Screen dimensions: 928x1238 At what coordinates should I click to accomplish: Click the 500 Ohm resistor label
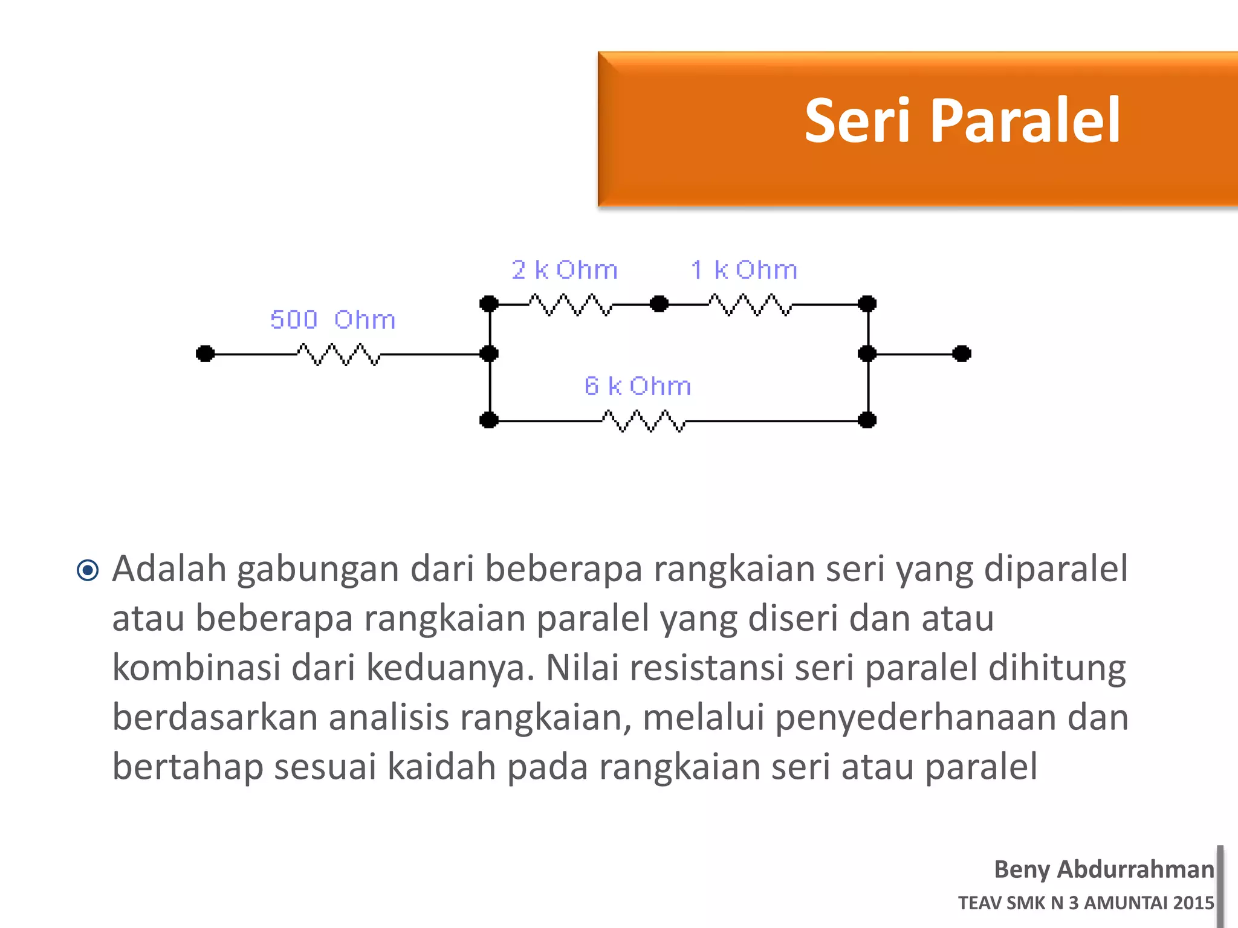(x=332, y=320)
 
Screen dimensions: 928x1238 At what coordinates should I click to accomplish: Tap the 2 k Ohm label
(x=565, y=270)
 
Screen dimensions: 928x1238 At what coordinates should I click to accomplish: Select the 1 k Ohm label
(x=744, y=270)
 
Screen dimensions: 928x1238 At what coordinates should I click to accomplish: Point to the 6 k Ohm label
(x=638, y=386)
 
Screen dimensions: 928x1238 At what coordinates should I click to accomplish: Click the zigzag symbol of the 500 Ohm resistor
(x=339, y=355)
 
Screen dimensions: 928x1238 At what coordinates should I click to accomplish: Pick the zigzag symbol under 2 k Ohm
(x=571, y=304)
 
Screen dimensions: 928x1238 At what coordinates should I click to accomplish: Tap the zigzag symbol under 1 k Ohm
(x=750, y=304)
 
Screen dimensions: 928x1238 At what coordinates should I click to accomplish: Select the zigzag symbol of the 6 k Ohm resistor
(x=644, y=421)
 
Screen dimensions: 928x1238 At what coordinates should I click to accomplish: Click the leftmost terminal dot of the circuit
(x=206, y=353)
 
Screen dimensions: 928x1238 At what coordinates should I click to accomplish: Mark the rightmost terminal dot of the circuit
(x=961, y=353)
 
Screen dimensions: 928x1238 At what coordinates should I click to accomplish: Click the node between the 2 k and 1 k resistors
(x=659, y=303)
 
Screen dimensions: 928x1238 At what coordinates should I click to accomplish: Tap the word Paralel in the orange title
(x=1025, y=121)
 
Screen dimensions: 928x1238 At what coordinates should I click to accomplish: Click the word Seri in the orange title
(x=857, y=121)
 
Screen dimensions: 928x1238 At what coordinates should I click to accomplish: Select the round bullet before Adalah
(x=88, y=570)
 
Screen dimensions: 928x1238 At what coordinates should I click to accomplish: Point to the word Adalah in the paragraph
(x=169, y=569)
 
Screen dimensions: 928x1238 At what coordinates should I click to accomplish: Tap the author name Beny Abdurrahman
(x=1104, y=869)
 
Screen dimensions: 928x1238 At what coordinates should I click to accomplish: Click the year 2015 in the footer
(x=1193, y=903)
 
